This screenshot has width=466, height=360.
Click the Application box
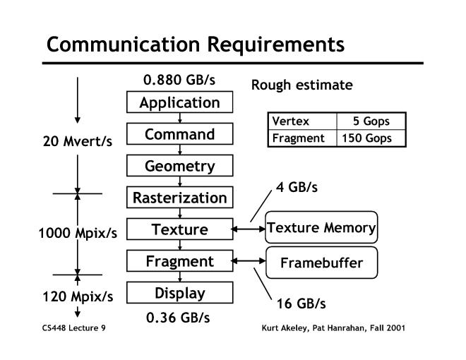tap(179, 102)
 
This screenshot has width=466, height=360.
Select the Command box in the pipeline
tap(179, 134)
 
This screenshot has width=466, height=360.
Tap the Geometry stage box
tap(179, 166)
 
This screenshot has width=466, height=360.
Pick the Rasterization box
tap(179, 198)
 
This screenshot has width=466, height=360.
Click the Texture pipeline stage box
tap(179, 229)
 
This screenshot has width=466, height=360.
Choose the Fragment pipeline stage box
tap(179, 261)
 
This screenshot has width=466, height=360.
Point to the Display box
tap(179, 293)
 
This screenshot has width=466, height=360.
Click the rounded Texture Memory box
tap(321, 228)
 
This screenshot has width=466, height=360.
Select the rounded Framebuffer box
tap(321, 263)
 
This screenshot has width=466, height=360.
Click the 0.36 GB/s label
tap(178, 317)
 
